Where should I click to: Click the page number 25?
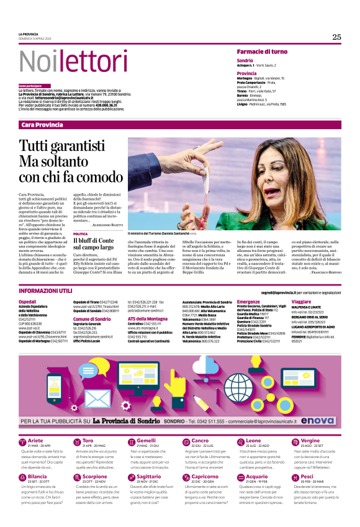pyautogui.click(x=336, y=37)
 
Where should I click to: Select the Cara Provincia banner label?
pyautogui.click(x=42, y=125)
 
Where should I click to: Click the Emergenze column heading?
pyautogui.click(x=248, y=301)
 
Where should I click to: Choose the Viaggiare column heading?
pyautogui.click(x=301, y=301)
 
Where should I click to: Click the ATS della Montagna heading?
pyautogui.click(x=148, y=318)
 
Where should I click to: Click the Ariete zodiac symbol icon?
pyautogui.click(x=23, y=441)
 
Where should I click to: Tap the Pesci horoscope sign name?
pyautogui.click(x=307, y=477)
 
